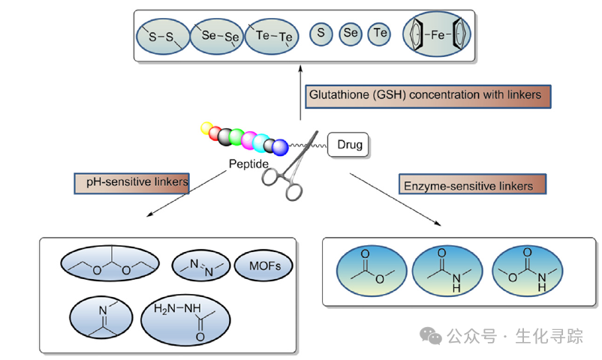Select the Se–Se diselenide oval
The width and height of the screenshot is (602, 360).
[216, 36]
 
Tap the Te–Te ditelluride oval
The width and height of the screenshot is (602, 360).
[272, 36]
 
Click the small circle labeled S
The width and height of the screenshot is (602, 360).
[321, 33]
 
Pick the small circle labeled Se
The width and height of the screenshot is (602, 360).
[350, 33]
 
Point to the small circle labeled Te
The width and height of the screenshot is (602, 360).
[379, 33]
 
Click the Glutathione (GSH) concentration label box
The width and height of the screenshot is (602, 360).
[429, 96]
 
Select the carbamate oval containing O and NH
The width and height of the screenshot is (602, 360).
[525, 271]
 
